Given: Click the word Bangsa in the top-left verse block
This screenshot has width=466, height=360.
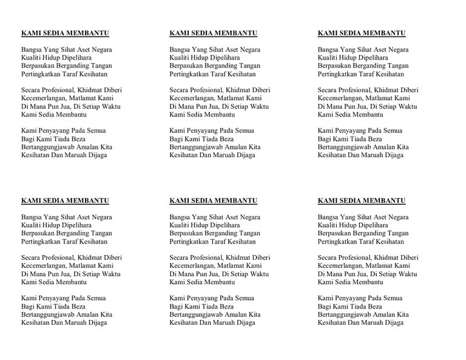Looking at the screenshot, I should coord(32,50).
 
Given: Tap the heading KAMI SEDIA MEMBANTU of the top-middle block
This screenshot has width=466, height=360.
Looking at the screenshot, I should coord(213,33).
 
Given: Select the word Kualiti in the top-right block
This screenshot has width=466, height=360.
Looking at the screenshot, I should coord(328,58).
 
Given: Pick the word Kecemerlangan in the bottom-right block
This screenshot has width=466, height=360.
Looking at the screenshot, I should coord(341,266).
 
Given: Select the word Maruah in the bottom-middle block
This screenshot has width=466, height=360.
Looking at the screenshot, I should coord(226,323).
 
